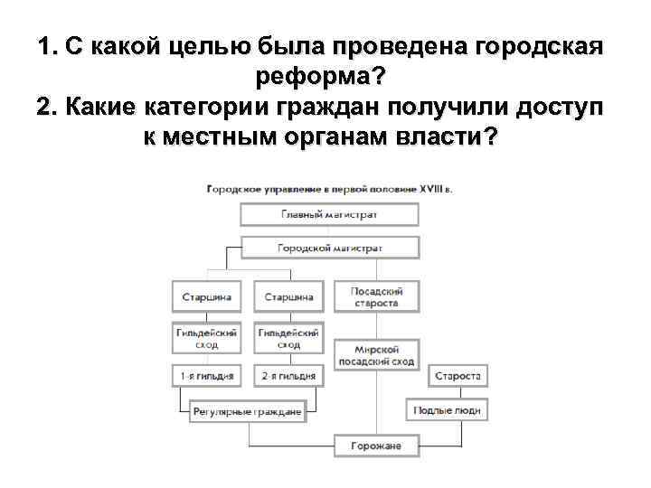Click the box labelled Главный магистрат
point(329,215)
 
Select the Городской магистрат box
point(329,248)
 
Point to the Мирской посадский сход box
point(376,355)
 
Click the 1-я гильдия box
point(206,374)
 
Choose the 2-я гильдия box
point(288,374)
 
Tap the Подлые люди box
point(447,410)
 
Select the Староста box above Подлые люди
point(458,375)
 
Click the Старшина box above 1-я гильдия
point(206,296)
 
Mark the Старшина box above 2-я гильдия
point(288,296)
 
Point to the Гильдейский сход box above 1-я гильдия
point(206,339)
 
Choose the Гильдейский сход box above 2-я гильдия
point(288,339)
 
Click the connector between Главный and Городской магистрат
point(329,231)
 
